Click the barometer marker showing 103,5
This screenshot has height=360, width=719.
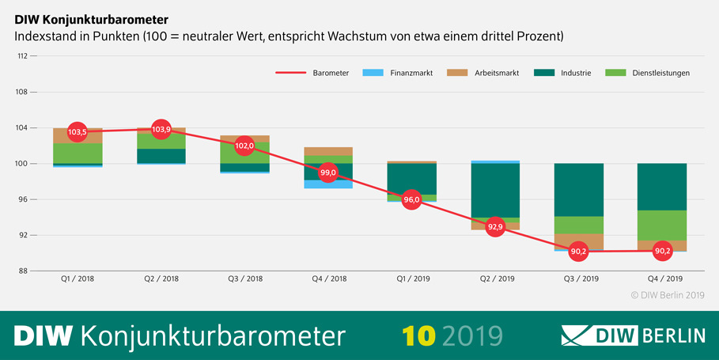click(78, 131)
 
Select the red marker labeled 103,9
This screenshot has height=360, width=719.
click(161, 129)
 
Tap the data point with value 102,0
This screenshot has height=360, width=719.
click(245, 146)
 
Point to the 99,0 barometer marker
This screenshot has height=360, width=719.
click(328, 172)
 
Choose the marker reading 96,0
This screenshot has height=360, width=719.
click(411, 200)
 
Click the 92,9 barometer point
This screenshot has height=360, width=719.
click(495, 227)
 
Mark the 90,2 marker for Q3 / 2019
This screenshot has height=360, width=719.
click(578, 252)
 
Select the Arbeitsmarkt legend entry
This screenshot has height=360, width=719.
click(483, 73)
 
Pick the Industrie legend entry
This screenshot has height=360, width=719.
click(563, 73)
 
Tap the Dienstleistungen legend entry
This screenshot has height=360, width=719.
click(648, 73)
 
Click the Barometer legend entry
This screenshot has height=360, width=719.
click(312, 73)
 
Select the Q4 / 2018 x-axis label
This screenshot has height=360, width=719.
click(327, 279)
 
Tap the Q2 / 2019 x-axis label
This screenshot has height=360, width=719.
click(494, 279)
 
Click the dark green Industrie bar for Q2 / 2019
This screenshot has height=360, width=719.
click(495, 190)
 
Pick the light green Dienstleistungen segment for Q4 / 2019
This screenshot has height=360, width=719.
click(661, 225)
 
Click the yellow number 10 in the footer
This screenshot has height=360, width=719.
click(418, 335)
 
